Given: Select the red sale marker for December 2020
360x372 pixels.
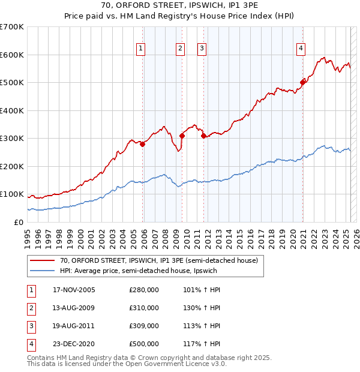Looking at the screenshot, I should click(x=303, y=83).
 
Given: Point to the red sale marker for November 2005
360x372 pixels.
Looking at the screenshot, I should click(x=143, y=144).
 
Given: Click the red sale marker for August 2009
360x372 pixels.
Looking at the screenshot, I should click(x=182, y=136).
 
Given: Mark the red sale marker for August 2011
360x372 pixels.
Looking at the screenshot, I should click(x=204, y=136).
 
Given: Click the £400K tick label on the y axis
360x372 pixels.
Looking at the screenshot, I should click(x=12, y=110).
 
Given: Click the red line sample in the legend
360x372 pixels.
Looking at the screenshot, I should click(x=41, y=260).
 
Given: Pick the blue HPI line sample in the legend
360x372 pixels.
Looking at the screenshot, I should click(x=41, y=271).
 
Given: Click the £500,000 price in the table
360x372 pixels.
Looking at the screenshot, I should click(x=144, y=344).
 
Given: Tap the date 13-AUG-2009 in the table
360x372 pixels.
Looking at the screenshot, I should click(x=74, y=308).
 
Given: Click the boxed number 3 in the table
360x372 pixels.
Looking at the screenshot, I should click(x=31, y=326).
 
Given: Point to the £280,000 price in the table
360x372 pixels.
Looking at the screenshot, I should click(x=144, y=290).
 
